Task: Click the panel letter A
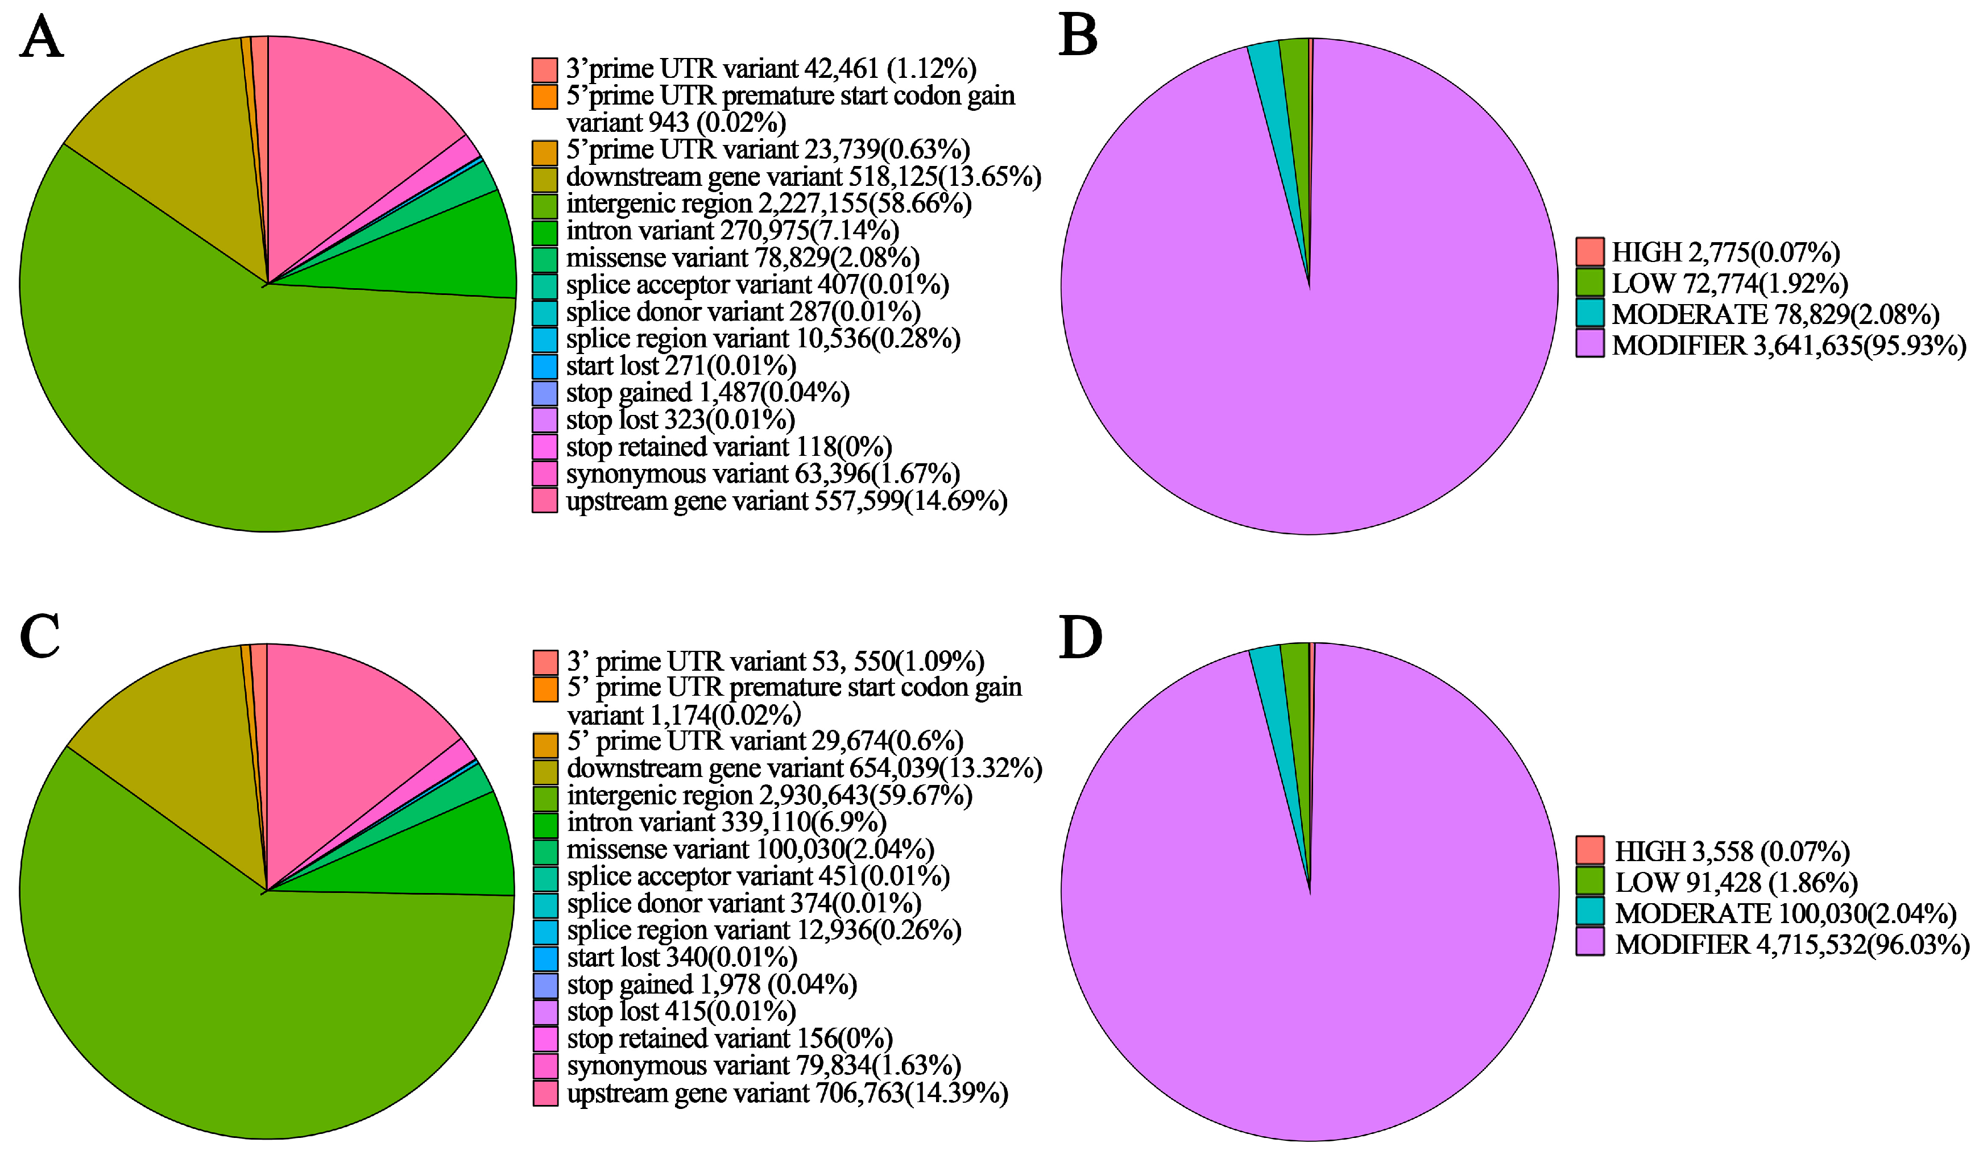41,37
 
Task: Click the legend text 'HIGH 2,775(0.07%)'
1725,252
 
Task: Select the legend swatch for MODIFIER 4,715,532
1589,942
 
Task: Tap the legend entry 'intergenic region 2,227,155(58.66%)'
768,204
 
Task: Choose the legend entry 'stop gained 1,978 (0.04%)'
711,984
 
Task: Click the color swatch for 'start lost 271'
545,367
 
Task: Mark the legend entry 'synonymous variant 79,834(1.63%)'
763,1066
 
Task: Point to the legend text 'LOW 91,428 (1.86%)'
1736,883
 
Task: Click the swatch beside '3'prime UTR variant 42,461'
545,70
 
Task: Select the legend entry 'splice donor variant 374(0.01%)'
744,904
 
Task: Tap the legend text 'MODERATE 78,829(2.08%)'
1775,314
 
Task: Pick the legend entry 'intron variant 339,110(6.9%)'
726,822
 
